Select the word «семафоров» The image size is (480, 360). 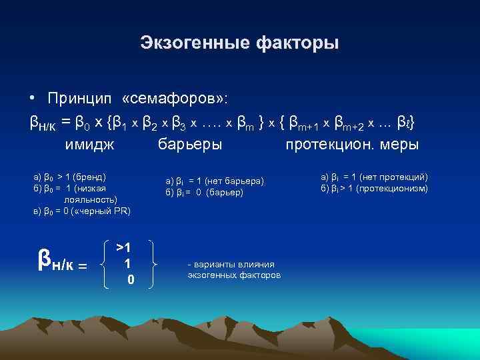pos(175,99)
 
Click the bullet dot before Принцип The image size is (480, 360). pos(32,99)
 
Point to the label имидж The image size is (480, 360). pos(89,144)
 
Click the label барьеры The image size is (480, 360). pos(190,144)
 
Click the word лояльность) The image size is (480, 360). pos(91,199)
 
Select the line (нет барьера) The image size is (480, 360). pos(215,181)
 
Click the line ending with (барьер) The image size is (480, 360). pos(204,192)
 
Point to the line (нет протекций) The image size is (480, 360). pos(373,177)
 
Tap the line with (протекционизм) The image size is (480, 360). pos(374,188)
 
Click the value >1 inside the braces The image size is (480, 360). pos(123,248)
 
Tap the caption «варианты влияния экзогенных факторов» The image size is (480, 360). pos(234,270)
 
